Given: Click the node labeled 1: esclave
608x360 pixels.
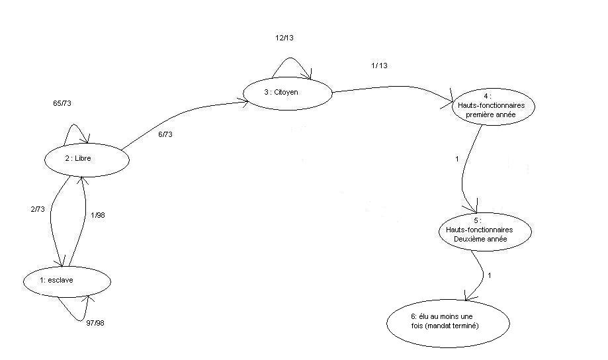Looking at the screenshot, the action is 67,281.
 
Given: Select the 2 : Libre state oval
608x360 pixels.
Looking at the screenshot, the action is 87,160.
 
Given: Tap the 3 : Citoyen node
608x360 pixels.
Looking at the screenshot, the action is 288,93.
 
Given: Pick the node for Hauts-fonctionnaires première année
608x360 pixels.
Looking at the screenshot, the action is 494,107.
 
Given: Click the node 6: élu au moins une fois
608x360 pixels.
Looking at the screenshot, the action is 449,324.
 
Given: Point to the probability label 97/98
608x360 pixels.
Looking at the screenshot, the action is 95,323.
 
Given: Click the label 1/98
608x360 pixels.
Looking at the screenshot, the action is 98,215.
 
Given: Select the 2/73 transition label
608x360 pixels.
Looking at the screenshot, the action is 38,209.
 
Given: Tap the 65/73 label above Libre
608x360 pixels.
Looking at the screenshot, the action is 62,103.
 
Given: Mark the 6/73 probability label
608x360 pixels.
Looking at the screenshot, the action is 165,134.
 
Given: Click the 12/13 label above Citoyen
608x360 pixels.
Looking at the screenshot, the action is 284,38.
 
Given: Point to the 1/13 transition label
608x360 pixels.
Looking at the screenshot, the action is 379,66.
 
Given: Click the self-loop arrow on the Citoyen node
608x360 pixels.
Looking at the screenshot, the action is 292,58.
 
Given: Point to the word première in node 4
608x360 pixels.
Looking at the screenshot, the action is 480,114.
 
